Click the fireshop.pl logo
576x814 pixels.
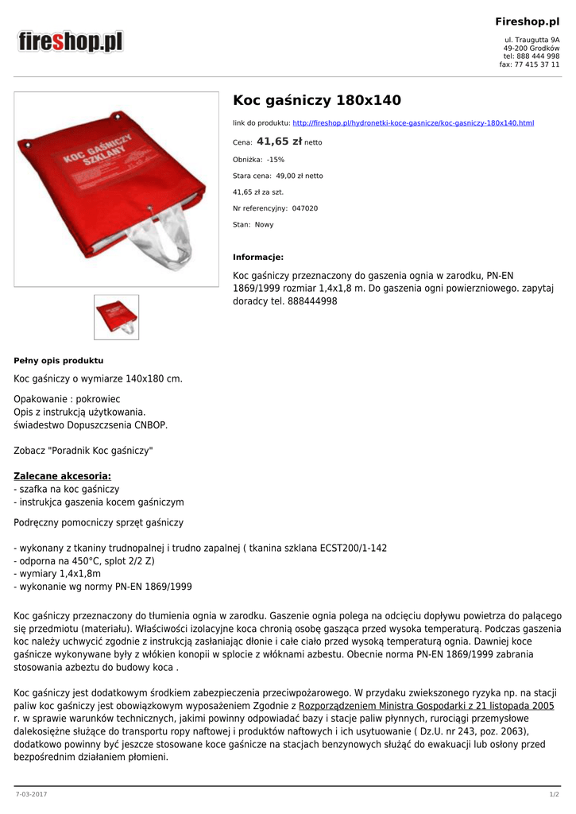click(x=72, y=41)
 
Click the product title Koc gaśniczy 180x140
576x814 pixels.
click(x=316, y=100)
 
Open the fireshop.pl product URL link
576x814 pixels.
click(x=413, y=123)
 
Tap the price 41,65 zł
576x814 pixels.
click(x=279, y=141)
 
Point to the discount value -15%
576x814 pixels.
click(x=276, y=159)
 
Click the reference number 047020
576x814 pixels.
click(x=305, y=208)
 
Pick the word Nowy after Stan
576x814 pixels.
click(x=264, y=225)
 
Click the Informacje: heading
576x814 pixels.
click(x=258, y=257)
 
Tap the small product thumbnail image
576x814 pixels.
click(x=116, y=317)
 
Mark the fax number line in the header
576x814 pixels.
click(x=529, y=64)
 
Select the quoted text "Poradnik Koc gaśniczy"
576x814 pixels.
click(x=101, y=451)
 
